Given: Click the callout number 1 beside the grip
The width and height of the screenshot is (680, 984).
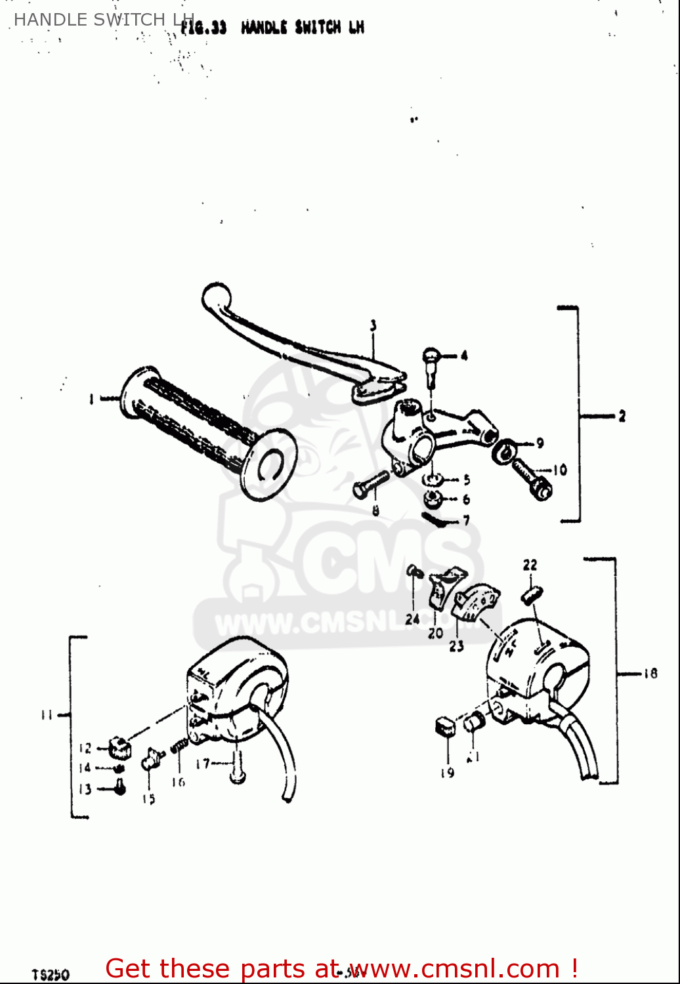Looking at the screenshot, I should click(x=91, y=398).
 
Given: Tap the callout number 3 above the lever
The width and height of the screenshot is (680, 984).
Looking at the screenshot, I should click(x=373, y=325).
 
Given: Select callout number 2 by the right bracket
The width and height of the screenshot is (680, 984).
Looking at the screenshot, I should click(x=622, y=416).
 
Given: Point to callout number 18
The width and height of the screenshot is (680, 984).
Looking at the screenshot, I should click(x=650, y=673).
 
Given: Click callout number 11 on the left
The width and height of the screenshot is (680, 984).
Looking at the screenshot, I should click(x=47, y=715).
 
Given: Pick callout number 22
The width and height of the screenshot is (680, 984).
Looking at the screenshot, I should click(x=530, y=565).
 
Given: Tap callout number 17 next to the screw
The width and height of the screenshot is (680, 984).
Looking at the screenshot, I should click(x=203, y=764).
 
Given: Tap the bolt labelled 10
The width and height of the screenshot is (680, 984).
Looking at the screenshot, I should click(x=532, y=478).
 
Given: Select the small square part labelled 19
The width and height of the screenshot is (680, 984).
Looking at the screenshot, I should click(x=445, y=726).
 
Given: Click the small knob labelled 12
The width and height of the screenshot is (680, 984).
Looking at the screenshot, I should click(x=120, y=746).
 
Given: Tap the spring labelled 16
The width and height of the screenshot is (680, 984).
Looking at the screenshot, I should click(x=179, y=746).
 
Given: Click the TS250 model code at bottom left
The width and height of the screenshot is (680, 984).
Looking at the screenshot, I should click(x=51, y=975).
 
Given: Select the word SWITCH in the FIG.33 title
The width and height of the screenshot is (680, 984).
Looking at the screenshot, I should click(x=318, y=28).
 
